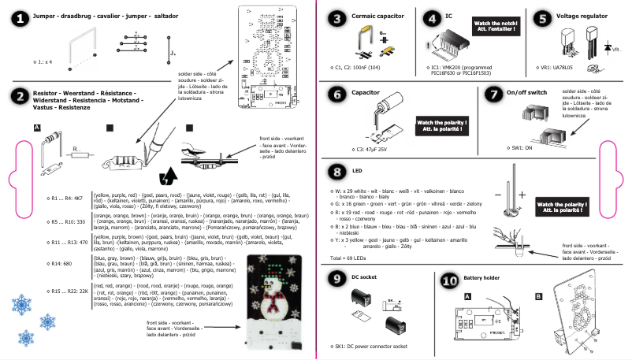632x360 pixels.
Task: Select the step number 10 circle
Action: coord(449,280)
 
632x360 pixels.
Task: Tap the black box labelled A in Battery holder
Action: coord(468,297)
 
